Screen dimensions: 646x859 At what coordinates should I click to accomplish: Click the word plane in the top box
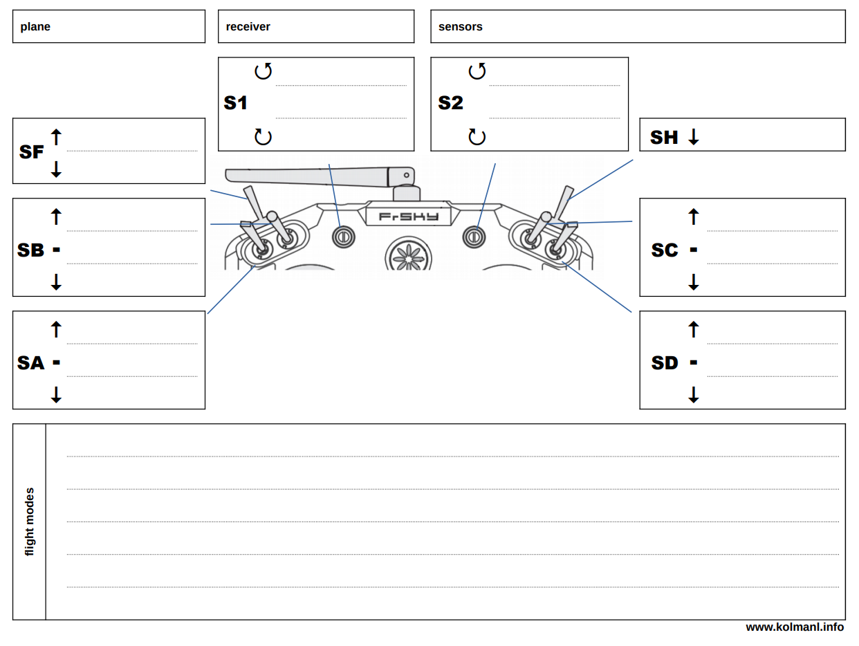(x=35, y=27)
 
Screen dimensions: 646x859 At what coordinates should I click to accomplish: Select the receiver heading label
(x=248, y=27)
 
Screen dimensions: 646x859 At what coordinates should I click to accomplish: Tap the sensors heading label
(x=460, y=27)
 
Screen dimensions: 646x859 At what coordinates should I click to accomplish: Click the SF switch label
(x=32, y=151)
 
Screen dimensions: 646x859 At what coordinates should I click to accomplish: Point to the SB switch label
(x=30, y=250)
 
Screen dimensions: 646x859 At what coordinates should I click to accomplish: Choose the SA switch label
(x=30, y=362)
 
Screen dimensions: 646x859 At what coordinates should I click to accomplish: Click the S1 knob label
(x=236, y=103)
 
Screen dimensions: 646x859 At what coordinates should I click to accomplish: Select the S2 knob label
(x=450, y=103)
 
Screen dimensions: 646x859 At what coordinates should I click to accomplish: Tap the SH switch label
(x=664, y=137)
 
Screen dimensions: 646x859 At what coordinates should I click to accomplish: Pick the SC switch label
(x=665, y=250)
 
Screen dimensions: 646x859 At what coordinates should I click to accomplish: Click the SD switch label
(x=665, y=362)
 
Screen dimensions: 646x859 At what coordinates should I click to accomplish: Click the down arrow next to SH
(x=694, y=137)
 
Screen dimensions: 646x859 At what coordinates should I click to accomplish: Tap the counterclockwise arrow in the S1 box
(x=263, y=71)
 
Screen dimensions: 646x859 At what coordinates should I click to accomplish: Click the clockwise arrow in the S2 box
(x=477, y=136)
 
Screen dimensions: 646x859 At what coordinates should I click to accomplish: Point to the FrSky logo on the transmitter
(x=409, y=216)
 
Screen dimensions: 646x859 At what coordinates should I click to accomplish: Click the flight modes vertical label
(x=29, y=522)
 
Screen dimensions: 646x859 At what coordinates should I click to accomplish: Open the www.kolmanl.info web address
(x=794, y=627)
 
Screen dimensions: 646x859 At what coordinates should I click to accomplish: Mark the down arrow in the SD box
(x=694, y=394)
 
